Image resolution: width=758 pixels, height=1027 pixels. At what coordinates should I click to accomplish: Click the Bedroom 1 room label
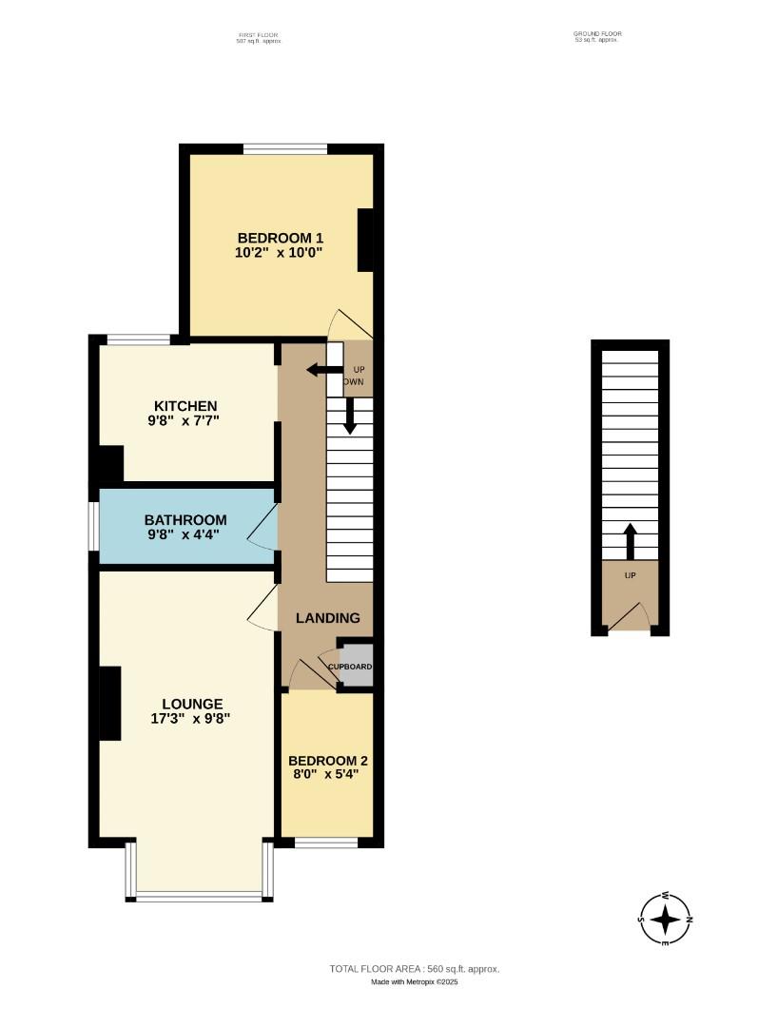pyautogui.click(x=281, y=238)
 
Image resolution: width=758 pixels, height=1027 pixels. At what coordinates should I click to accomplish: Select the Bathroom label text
pyautogui.click(x=185, y=520)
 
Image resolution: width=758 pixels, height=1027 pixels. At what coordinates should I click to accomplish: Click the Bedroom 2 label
pyautogui.click(x=328, y=761)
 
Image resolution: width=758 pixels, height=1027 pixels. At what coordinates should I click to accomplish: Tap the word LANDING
pyautogui.click(x=328, y=618)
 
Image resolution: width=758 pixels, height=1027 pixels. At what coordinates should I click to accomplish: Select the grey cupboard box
pyautogui.click(x=354, y=666)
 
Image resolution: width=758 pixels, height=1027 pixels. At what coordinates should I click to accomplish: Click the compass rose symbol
pyautogui.click(x=666, y=919)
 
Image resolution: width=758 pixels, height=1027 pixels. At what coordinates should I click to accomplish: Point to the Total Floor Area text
pyautogui.click(x=415, y=969)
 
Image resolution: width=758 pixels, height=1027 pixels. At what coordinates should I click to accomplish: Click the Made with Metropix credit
pyautogui.click(x=415, y=982)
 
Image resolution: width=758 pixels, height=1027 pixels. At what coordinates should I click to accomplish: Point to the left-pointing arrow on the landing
pyautogui.click(x=323, y=371)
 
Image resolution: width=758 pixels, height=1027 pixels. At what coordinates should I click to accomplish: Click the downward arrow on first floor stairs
pyautogui.click(x=350, y=417)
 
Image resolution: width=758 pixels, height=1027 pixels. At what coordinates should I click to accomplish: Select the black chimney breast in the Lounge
pyautogui.click(x=110, y=703)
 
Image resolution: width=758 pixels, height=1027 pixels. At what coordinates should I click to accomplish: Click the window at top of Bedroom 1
pyautogui.click(x=285, y=148)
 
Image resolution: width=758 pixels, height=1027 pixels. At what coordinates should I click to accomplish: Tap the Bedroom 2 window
pyautogui.click(x=326, y=842)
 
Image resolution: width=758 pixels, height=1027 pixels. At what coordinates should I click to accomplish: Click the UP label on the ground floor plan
pyautogui.click(x=630, y=575)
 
